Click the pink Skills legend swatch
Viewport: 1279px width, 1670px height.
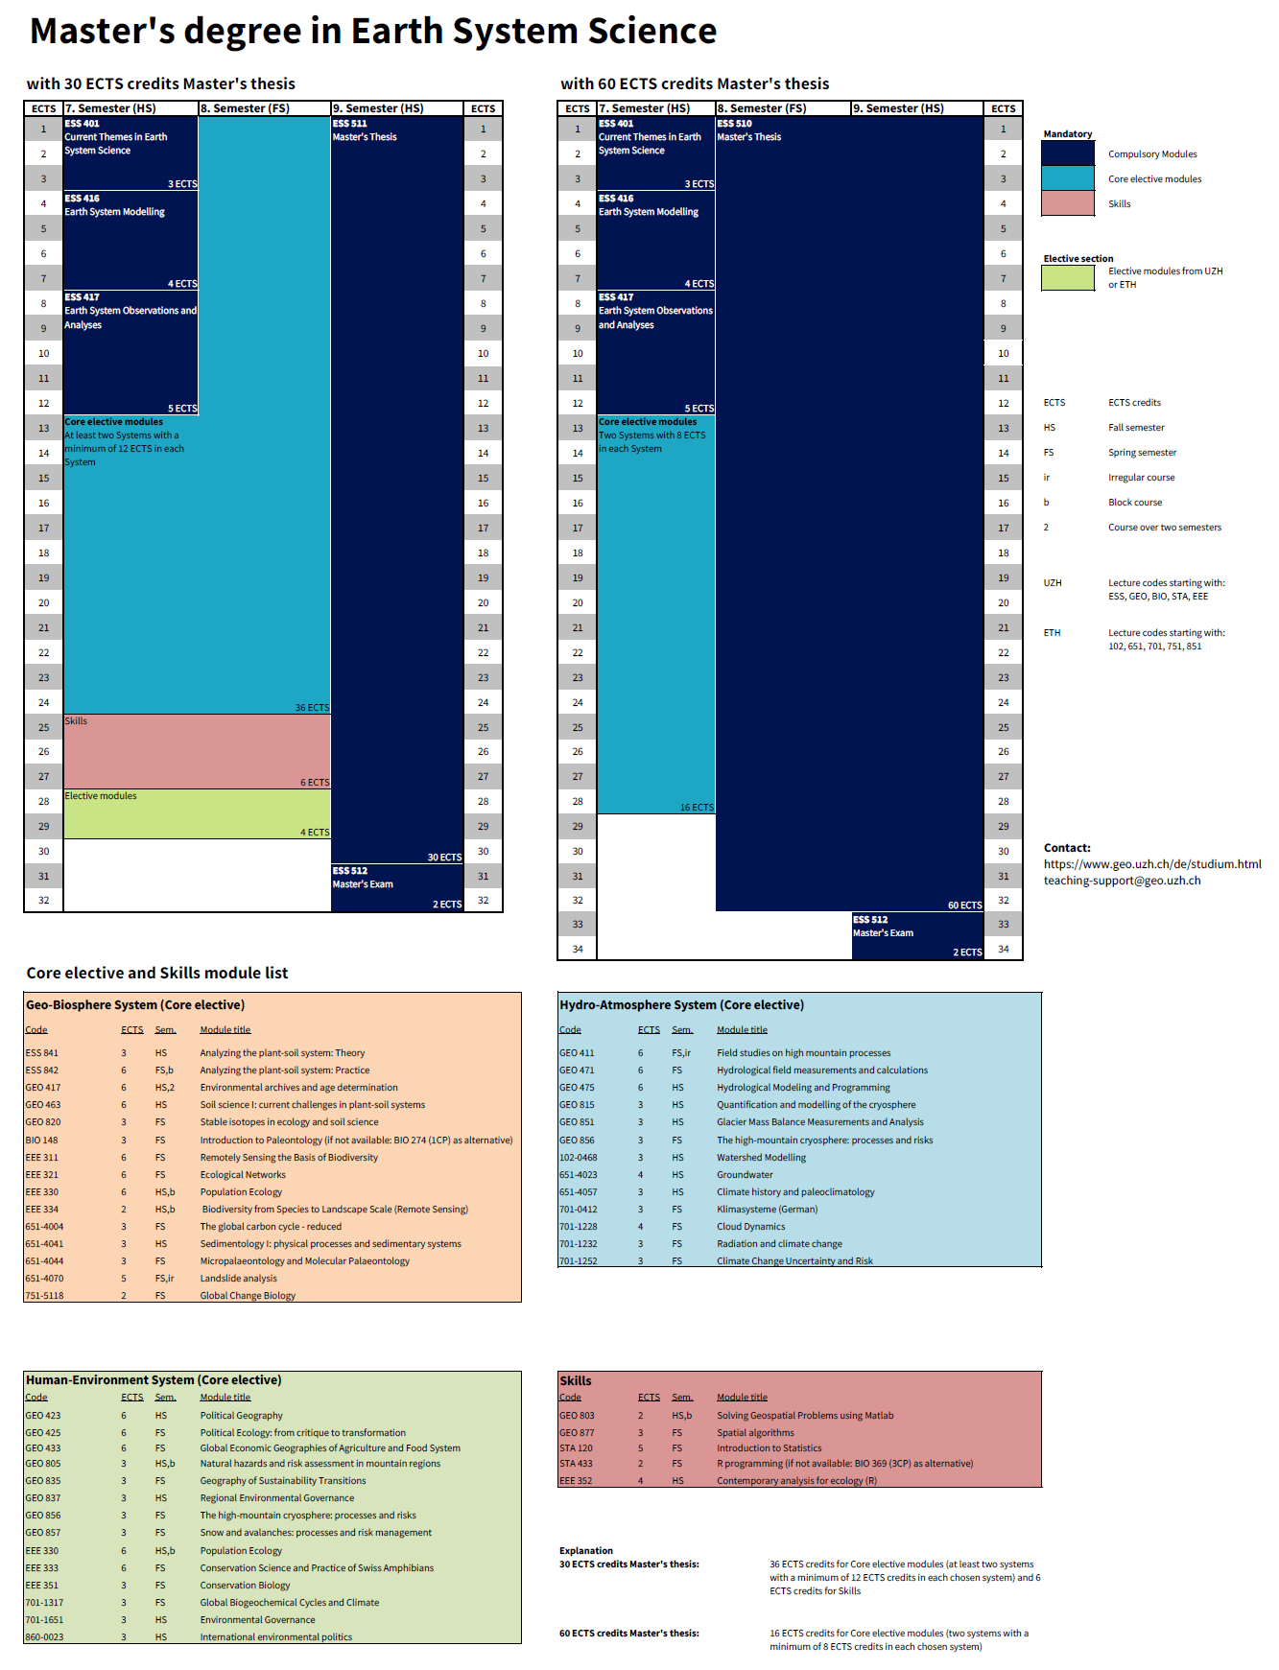point(1067,203)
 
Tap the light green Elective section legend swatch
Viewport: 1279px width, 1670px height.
point(1067,277)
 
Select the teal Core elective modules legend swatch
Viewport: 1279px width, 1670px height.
point(1067,178)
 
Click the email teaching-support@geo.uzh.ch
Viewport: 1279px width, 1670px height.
point(1122,881)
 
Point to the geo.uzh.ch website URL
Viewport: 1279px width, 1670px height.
point(1152,864)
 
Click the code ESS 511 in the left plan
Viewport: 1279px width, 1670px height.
point(350,124)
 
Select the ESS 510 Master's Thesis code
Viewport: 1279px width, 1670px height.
point(735,124)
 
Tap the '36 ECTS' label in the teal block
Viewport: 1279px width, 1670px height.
point(312,708)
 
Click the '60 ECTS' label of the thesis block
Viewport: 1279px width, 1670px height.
point(964,906)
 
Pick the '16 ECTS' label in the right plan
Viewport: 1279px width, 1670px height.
point(697,808)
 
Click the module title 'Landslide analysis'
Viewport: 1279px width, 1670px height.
point(238,1279)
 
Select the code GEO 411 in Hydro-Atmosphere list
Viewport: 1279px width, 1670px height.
point(577,1053)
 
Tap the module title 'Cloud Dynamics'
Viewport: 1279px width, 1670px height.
point(750,1227)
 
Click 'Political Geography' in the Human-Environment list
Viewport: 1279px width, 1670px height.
point(241,1416)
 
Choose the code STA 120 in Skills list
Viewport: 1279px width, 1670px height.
point(576,1448)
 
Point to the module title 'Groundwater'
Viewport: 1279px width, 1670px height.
point(745,1175)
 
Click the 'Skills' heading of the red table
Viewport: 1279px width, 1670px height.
point(576,1381)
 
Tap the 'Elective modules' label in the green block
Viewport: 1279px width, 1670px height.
point(101,796)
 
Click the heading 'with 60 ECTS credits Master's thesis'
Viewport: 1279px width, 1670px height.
point(695,84)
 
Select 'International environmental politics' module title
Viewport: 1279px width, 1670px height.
point(275,1637)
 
